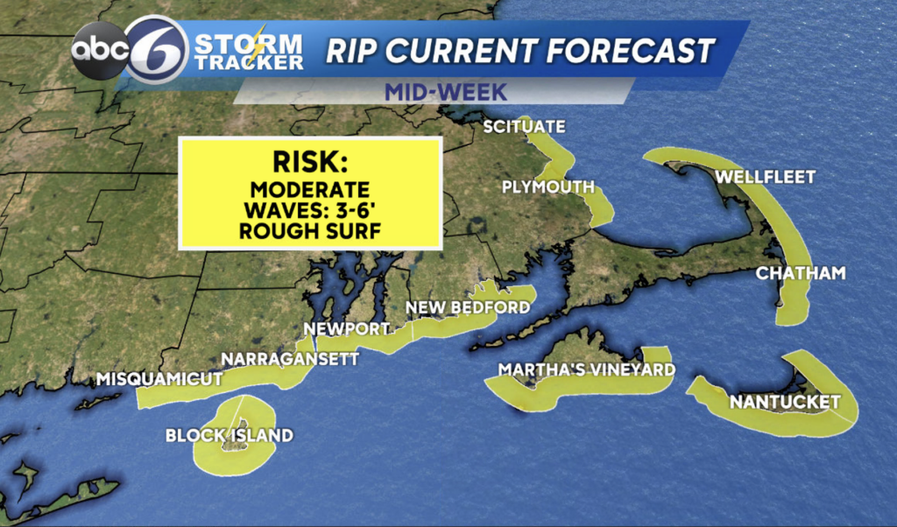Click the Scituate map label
point(524,128)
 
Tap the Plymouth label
point(548,186)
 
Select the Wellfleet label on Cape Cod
point(766,178)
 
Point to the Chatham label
point(801,274)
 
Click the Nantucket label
point(784,403)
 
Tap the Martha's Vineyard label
point(587,370)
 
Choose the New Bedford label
point(467,307)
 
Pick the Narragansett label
point(290,359)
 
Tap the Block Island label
point(229,435)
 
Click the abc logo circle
point(99,51)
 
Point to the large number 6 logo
point(157,50)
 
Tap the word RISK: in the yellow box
point(308,162)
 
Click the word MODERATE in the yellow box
point(309,190)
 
